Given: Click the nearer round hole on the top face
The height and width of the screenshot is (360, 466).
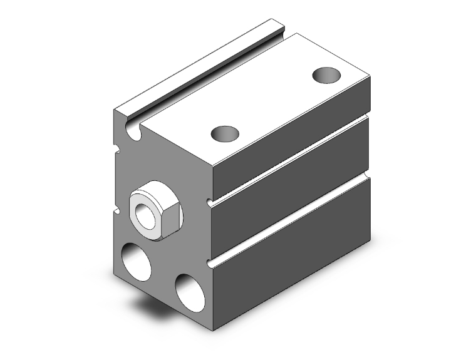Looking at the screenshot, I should [x=225, y=133].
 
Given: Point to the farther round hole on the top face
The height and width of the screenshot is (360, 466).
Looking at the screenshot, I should [x=327, y=75].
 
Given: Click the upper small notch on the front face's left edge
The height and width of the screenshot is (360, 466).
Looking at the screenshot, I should [x=116, y=149].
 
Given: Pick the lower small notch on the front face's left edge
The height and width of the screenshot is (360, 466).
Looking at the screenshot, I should [x=116, y=211].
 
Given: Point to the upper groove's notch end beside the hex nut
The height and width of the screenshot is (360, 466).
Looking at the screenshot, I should [x=209, y=202].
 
